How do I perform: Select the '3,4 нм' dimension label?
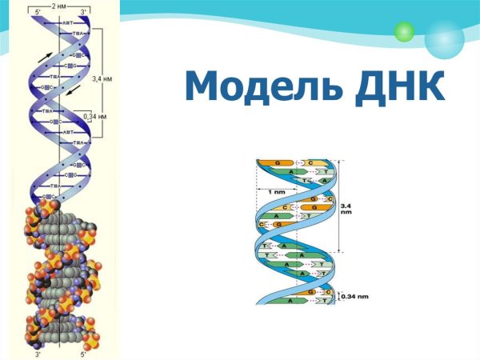(x=102, y=78)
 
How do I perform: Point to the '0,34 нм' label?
(x=102, y=117)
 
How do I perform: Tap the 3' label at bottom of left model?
(x=38, y=352)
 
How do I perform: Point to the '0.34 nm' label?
(x=355, y=297)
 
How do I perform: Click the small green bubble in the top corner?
(x=404, y=31)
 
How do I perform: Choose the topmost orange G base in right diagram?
(x=277, y=163)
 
